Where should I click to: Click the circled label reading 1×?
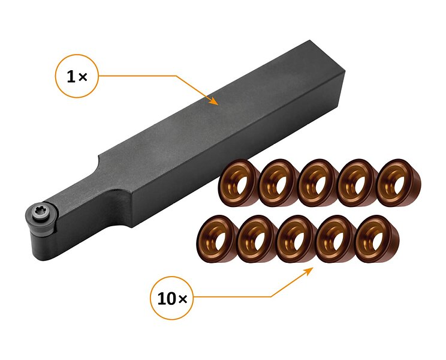click(x=77, y=76)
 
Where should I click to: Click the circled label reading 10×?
click(x=171, y=298)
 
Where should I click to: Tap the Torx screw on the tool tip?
click(x=39, y=212)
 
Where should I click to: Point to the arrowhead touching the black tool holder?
click(x=213, y=101)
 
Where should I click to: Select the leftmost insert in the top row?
click(x=238, y=183)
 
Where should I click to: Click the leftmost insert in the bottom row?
click(x=217, y=239)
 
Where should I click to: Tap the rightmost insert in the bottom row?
click(x=377, y=239)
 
